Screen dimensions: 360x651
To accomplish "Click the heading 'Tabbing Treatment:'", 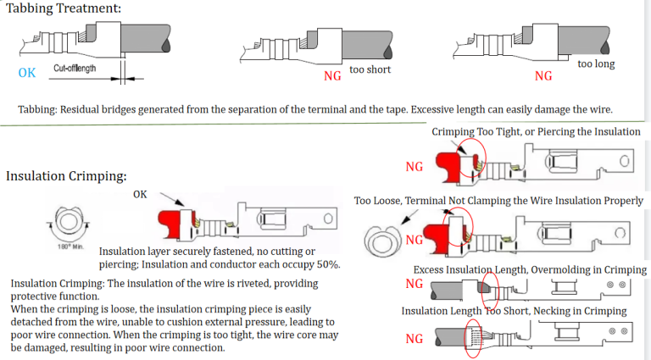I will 64,8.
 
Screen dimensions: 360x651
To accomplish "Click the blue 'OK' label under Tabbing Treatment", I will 27,73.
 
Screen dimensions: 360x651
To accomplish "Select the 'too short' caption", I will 370,69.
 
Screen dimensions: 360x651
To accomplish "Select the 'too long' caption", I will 596,64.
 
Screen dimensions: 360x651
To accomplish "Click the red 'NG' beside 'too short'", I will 334,76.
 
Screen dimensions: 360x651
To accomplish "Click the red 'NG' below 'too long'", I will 543,76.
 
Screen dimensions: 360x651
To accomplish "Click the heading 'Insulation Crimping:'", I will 66,176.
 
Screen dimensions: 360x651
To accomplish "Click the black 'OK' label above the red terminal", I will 141,195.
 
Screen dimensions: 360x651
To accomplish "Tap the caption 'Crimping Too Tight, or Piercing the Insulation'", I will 536,132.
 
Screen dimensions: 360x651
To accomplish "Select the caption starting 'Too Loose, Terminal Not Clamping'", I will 498,201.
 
